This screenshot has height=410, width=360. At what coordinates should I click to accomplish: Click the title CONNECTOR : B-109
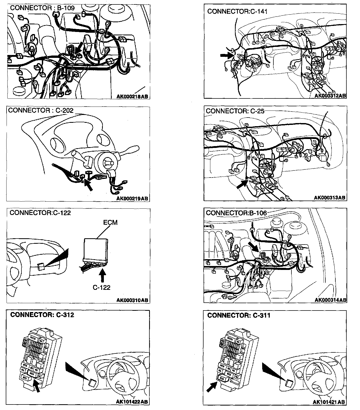tap(42, 8)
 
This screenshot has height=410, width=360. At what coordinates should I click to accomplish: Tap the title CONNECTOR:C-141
tap(237, 11)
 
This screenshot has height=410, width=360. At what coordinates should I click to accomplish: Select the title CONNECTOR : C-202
tap(41, 110)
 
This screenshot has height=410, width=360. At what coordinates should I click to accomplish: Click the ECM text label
tap(110, 223)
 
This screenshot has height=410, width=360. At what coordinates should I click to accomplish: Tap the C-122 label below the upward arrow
tap(102, 287)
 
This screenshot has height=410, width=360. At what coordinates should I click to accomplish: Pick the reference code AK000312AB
tap(330, 96)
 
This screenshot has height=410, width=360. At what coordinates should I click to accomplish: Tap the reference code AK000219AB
tap(132, 199)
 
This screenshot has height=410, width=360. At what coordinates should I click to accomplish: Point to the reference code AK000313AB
tap(330, 198)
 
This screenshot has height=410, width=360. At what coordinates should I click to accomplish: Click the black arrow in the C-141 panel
tap(227, 55)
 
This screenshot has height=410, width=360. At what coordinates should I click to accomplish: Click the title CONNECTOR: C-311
tap(239, 315)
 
